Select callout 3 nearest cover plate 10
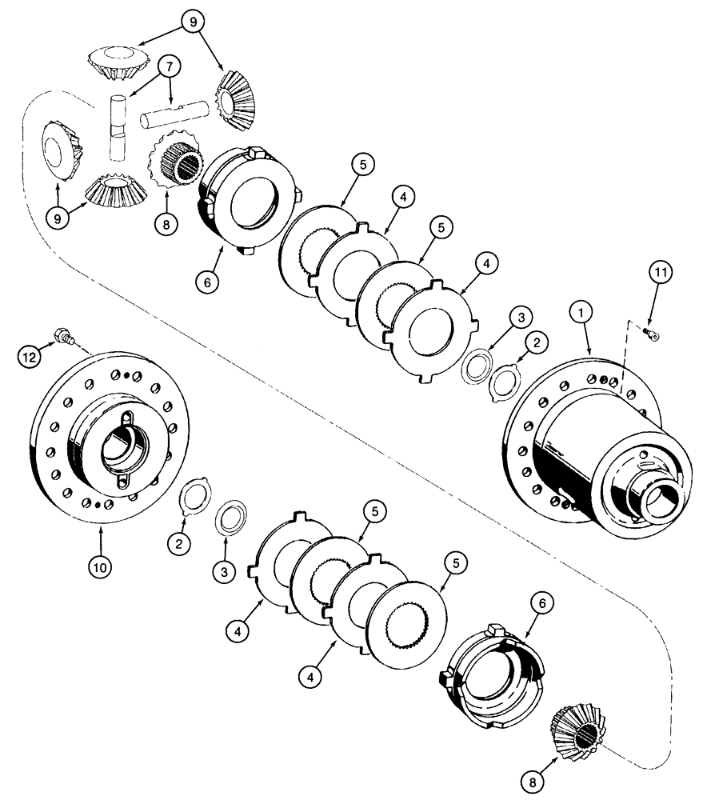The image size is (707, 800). pyautogui.click(x=225, y=571)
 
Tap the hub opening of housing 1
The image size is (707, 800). pyautogui.click(x=662, y=505)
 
